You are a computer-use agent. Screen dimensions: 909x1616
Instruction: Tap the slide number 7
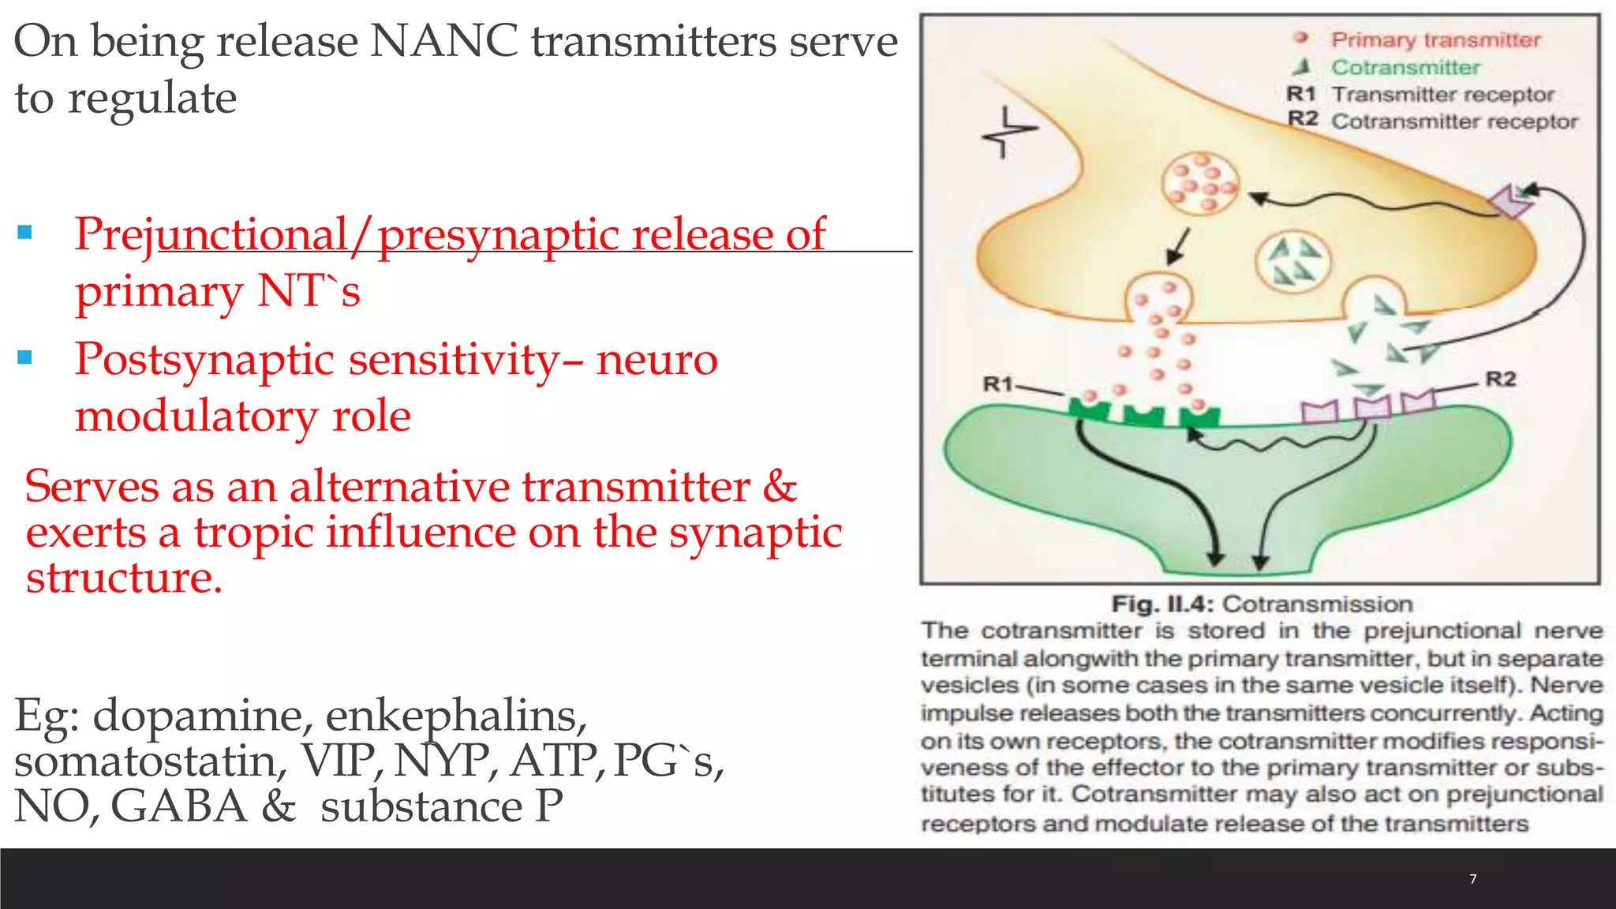1472,879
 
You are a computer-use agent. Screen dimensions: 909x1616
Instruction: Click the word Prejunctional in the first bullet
211,234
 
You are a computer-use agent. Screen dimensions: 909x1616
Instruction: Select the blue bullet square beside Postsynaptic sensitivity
24,358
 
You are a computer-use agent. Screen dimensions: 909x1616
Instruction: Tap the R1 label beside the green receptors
997,384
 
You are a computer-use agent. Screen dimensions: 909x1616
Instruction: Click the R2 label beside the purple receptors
1501,380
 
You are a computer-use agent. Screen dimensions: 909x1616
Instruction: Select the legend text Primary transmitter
1435,40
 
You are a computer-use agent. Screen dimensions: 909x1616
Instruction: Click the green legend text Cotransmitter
1405,68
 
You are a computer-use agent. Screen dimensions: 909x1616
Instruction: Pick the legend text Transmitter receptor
1442,95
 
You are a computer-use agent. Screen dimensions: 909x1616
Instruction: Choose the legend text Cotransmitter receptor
1454,122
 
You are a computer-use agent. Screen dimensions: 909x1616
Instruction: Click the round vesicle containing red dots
1199,184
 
